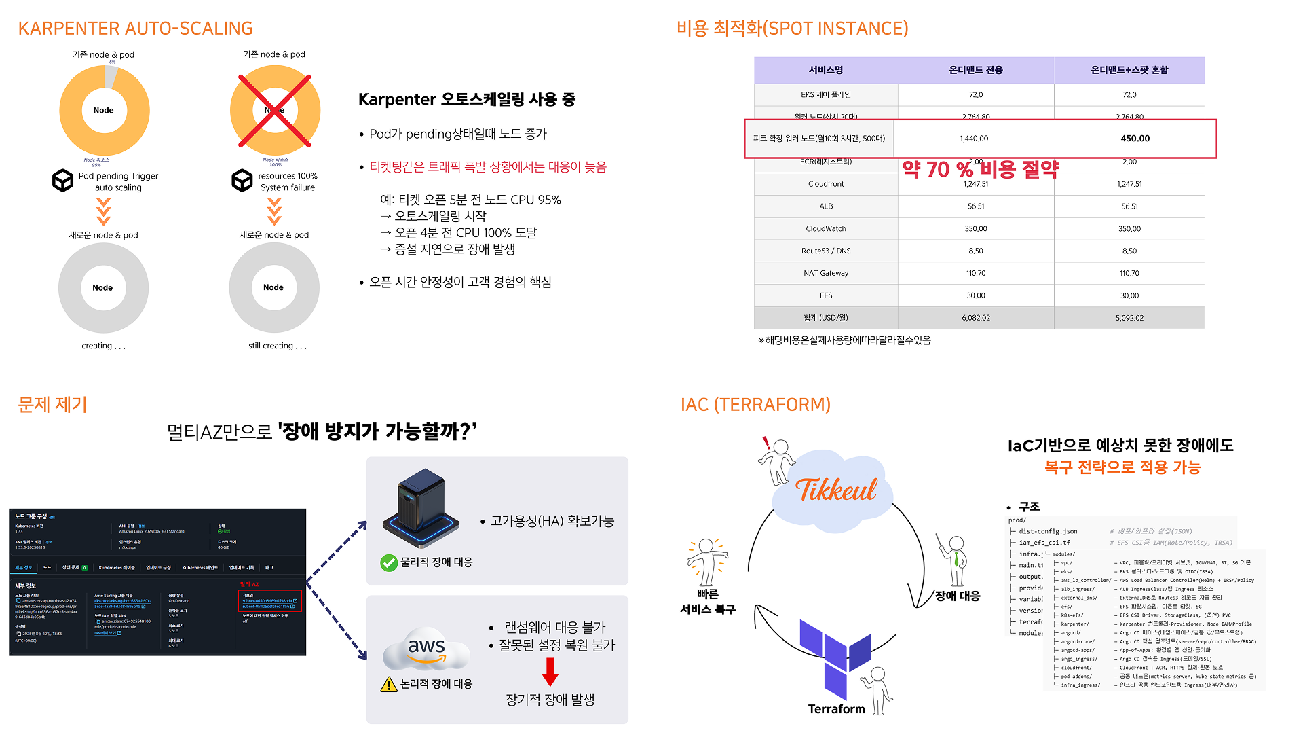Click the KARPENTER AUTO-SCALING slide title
135,29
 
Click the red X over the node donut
275,111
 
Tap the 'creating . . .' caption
103,346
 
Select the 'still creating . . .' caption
277,346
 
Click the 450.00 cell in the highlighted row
1135,139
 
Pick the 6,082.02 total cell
975,318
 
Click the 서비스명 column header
825,70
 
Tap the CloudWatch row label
825,229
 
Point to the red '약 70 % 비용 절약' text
980,169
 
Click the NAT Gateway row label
825,273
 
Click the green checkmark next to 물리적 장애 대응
389,562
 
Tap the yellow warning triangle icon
389,684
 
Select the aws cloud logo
426,649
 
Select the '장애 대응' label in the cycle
957,596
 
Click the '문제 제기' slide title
53,405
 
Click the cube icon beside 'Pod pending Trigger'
63,181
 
